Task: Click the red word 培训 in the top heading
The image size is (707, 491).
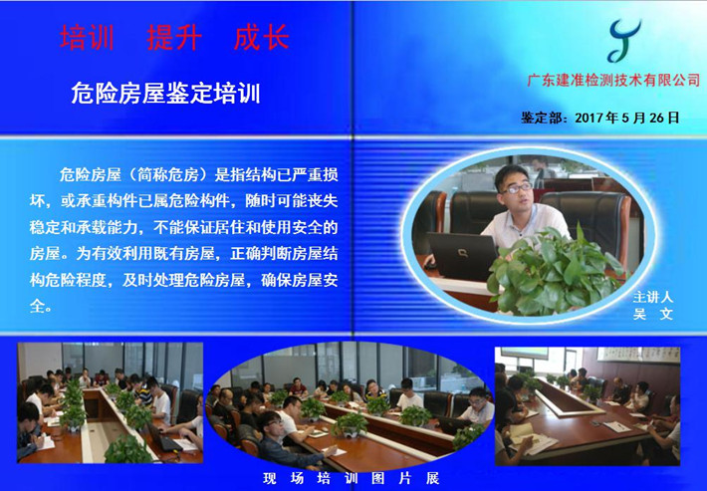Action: click(x=87, y=37)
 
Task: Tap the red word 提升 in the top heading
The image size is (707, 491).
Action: click(x=174, y=37)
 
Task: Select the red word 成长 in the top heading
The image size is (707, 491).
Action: click(x=262, y=37)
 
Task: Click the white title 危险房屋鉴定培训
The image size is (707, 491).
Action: click(x=166, y=94)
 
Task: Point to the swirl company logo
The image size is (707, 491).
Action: click(x=623, y=41)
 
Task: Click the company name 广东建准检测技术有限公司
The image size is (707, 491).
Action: click(x=613, y=81)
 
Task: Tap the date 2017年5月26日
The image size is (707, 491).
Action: click(x=627, y=118)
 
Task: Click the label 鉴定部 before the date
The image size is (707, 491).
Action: click(x=541, y=118)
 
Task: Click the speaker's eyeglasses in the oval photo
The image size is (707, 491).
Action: click(x=517, y=188)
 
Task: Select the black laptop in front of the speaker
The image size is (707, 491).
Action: click(x=462, y=256)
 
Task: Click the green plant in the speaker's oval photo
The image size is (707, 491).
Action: click(x=555, y=271)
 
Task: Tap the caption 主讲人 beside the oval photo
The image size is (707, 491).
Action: click(x=653, y=297)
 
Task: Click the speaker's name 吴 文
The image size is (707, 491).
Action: click(x=653, y=314)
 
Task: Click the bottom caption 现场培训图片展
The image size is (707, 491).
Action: click(x=351, y=478)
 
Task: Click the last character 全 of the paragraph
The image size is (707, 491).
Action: click(x=37, y=306)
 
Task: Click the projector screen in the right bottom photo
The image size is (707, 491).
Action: click(x=525, y=353)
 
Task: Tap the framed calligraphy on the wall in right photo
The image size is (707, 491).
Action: click(x=638, y=355)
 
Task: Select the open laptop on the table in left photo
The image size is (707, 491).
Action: click(x=162, y=438)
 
